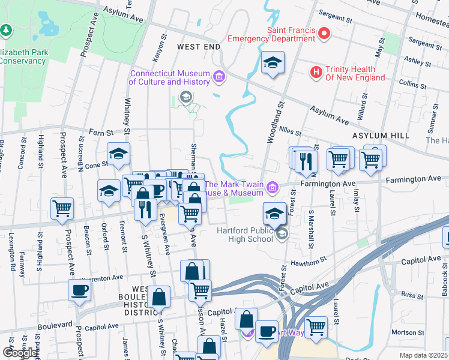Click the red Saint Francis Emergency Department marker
[324, 33]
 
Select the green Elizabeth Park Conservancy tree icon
[7, 29]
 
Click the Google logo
[20, 353]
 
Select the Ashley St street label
[414, 61]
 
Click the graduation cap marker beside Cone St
[118, 154]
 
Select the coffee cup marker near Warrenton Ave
[79, 291]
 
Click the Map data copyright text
[424, 355]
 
